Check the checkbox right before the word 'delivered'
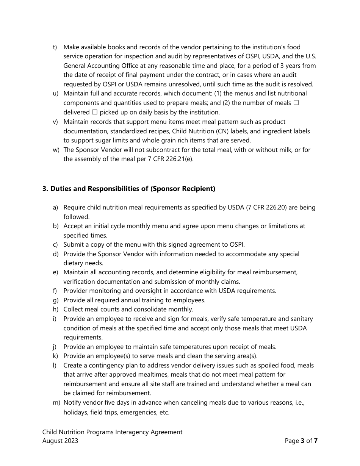(296, 103)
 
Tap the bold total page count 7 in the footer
(316, 441)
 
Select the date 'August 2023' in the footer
(60, 441)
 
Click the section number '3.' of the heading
(45, 189)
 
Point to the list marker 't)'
(55, 47)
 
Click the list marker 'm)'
(56, 403)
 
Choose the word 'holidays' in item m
(75, 412)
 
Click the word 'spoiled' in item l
(270, 366)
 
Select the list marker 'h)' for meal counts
(55, 310)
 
